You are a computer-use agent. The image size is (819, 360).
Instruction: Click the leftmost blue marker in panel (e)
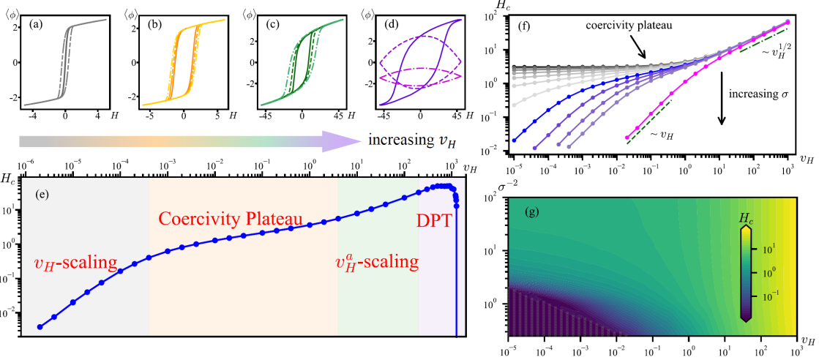click(40, 326)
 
